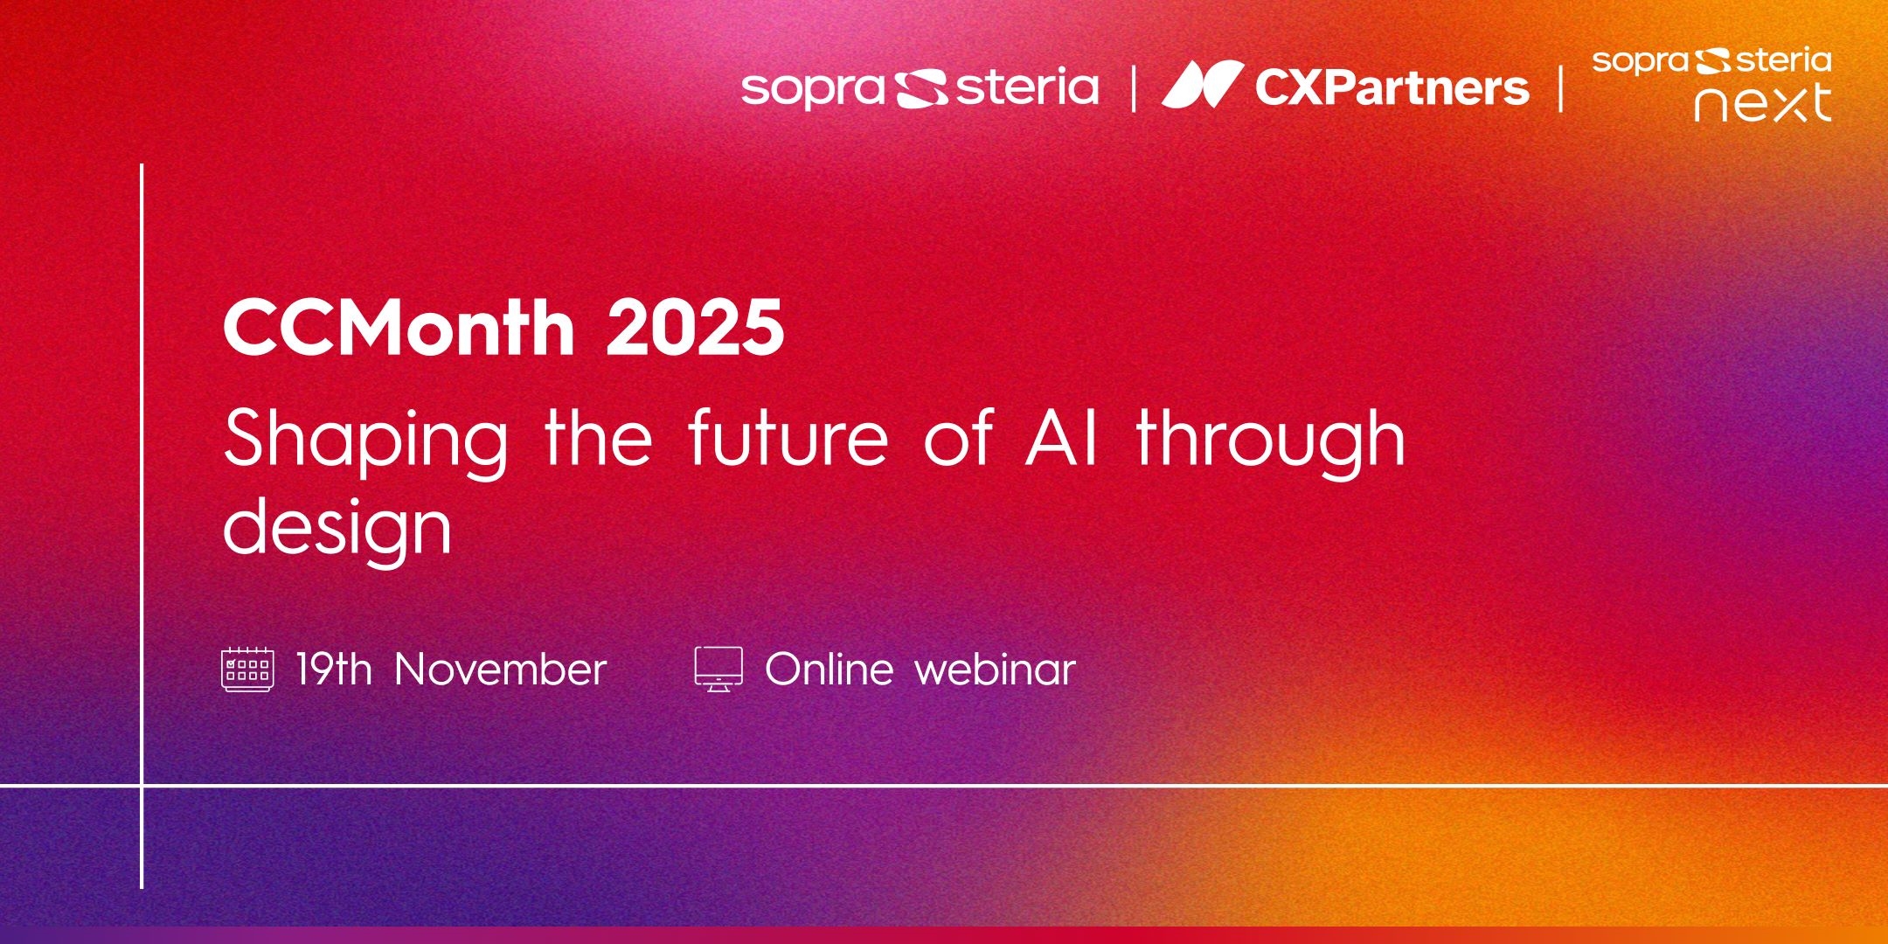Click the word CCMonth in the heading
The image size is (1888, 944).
[399, 327]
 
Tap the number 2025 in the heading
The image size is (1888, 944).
[695, 327]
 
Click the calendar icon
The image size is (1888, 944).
[247, 670]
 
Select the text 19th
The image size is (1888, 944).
[334, 670]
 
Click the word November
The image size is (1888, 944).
[500, 670]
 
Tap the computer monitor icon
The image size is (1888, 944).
[718, 670]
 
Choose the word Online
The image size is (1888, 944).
[829, 670]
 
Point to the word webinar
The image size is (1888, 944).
[996, 670]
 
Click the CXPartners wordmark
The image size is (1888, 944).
[1392, 87]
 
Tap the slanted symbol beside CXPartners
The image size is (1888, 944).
[1203, 85]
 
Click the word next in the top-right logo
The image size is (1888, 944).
[1762, 102]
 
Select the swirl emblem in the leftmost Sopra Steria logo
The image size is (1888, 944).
[920, 88]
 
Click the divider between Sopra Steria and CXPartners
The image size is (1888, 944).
[1134, 88]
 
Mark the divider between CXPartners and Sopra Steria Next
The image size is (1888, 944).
[1561, 88]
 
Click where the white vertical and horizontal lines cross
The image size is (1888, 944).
[142, 786]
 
